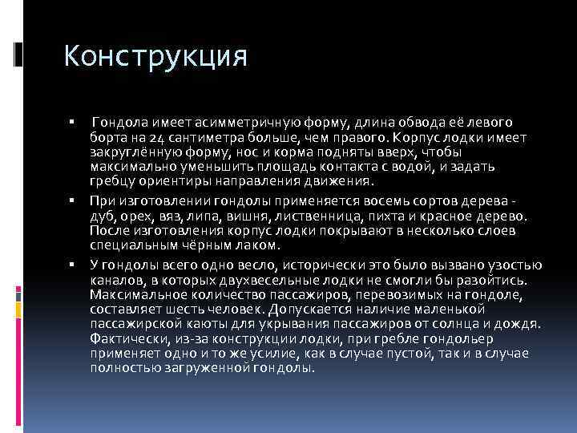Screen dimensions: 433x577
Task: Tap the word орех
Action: pos(135,216)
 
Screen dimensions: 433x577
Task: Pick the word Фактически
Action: pos(122,339)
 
